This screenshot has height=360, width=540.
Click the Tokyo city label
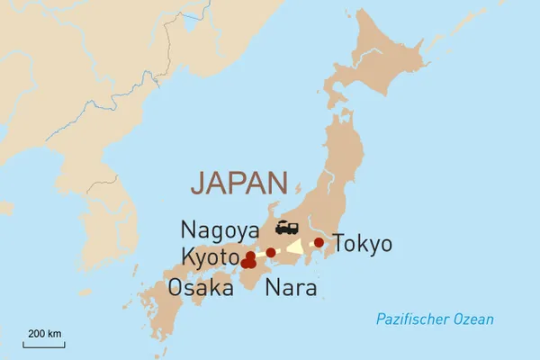[x=363, y=244]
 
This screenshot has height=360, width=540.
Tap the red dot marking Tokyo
[x=319, y=242]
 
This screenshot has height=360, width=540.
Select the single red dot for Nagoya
[x=271, y=252]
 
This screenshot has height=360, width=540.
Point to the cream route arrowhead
[x=294, y=247]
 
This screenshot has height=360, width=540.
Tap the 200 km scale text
[x=45, y=334]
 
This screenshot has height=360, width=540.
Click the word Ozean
[x=472, y=319]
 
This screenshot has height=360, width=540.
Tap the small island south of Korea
[x=85, y=292]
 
